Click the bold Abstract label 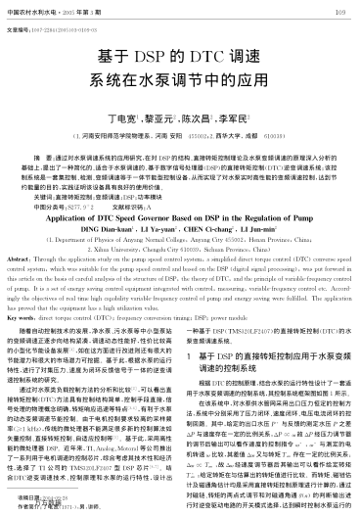coord(20,253)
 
